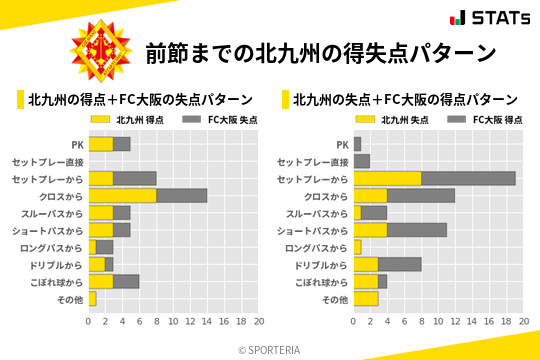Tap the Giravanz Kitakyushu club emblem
[100, 52]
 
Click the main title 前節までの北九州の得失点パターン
[321, 53]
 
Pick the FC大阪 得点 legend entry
[484, 119]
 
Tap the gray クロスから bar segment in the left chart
[181, 195]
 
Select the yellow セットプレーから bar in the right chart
[387, 178]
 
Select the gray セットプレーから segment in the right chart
[468, 178]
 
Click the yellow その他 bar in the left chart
[92, 299]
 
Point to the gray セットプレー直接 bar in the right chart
[361, 161]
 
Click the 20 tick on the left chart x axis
[258, 322]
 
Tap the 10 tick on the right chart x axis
[438, 322]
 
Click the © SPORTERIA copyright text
[270, 349]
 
